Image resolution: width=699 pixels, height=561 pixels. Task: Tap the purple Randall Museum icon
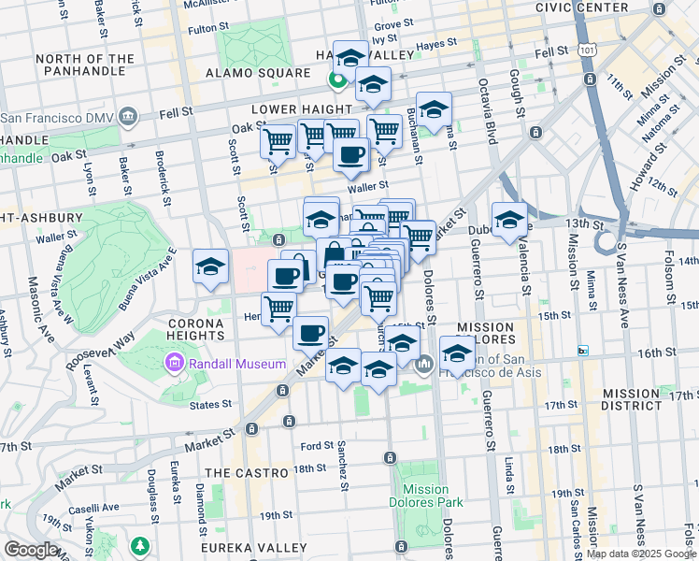[174, 363]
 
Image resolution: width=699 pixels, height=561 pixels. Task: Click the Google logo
[31, 550]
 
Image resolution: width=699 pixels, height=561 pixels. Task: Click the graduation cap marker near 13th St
[509, 221]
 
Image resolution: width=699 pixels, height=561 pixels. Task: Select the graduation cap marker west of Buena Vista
[211, 266]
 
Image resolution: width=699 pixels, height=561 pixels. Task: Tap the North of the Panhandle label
[84, 65]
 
